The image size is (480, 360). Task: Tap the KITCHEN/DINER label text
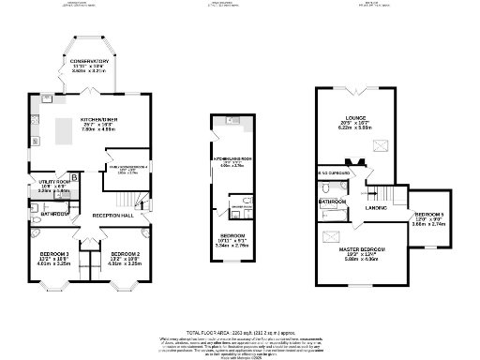98,120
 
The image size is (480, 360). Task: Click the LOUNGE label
355,119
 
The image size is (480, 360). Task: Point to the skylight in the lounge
381,145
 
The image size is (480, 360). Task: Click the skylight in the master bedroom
332,237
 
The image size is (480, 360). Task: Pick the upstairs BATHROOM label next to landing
333,202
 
